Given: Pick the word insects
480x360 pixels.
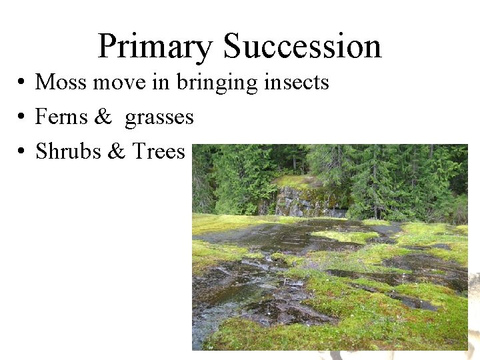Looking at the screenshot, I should click(297, 82).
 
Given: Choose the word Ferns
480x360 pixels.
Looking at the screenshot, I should click(61, 117).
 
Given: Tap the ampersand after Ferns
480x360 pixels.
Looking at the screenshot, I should click(103, 117).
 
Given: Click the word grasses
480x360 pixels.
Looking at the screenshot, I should click(159, 118).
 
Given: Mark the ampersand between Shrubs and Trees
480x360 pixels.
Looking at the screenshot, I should click(116, 152).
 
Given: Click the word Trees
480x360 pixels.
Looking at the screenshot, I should click(158, 152).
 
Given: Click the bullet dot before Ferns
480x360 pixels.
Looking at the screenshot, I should click(22, 118).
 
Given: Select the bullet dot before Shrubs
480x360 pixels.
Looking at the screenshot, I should click(22, 153).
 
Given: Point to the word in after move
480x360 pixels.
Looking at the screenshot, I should click(162, 82).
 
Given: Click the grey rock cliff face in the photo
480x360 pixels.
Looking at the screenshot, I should click(300, 201).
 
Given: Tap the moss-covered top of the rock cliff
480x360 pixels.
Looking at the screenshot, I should click(297, 181).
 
